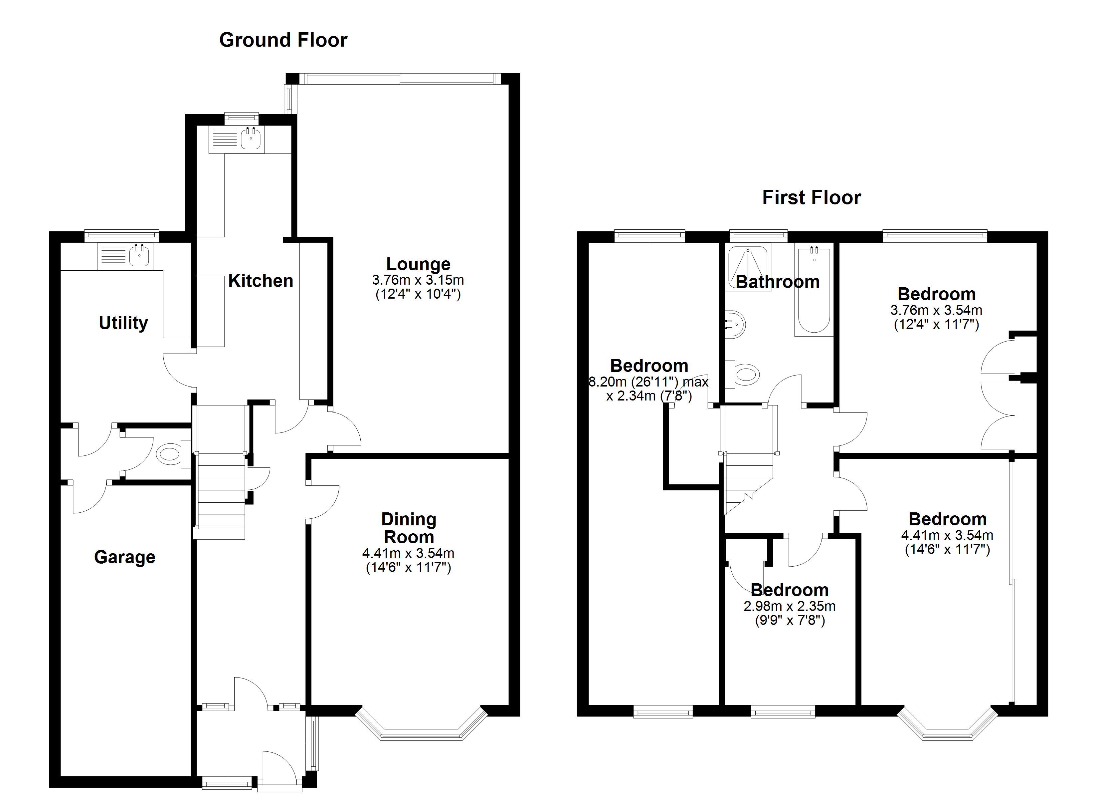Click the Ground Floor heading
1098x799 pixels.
[283, 40]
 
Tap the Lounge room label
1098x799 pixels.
[418, 264]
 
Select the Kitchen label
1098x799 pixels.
[261, 281]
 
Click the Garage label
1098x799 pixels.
[125, 557]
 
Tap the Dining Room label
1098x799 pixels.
[409, 528]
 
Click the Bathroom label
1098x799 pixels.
[778, 282]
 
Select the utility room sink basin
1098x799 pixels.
[139, 256]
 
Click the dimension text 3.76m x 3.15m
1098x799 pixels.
[418, 280]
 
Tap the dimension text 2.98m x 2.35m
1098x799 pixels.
[790, 606]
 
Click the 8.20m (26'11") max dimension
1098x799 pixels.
[648, 382]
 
